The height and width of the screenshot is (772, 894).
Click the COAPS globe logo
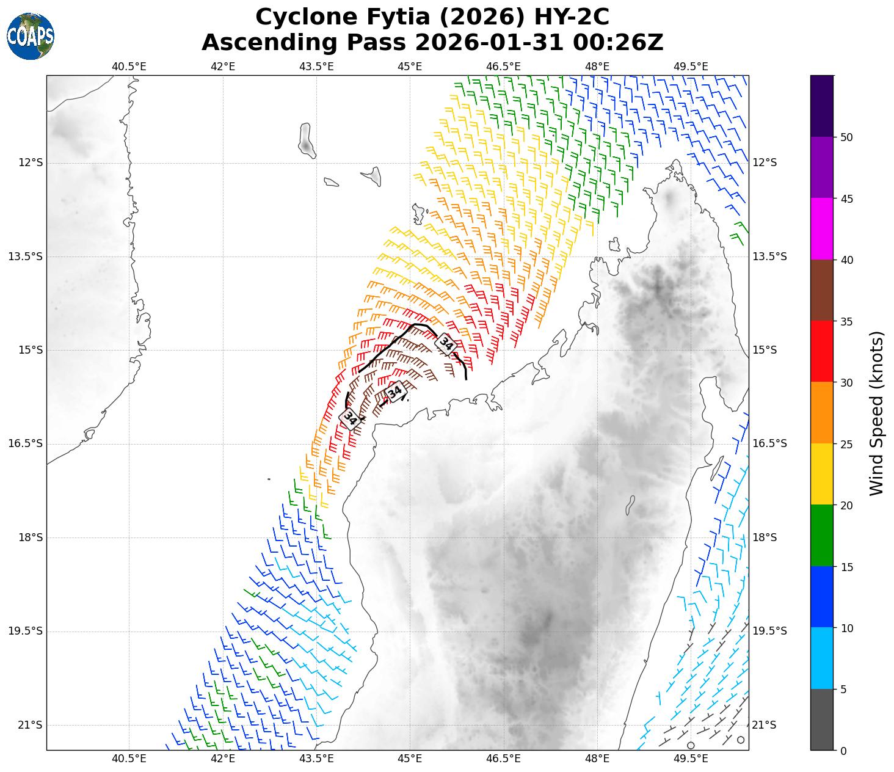[31, 37]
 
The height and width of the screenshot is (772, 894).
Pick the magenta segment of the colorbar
[822, 229]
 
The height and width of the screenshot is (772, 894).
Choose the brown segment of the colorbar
[822, 290]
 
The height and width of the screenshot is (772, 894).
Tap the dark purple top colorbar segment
[822, 106]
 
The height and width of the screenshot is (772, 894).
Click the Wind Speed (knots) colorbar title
[877, 413]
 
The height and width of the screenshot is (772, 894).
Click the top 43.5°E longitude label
[316, 67]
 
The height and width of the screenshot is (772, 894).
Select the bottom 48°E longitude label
[597, 759]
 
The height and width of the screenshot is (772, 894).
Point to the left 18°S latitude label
[29, 537]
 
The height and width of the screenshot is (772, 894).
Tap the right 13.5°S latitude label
[769, 257]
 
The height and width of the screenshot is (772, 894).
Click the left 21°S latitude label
[29, 725]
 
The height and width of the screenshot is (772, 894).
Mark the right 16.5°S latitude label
[769, 444]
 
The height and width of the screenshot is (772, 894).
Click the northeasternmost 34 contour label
[446, 344]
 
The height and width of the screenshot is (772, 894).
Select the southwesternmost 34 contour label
[350, 418]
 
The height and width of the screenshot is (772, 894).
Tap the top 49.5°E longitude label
[691, 67]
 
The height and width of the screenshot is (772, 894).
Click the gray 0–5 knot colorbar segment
[822, 719]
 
